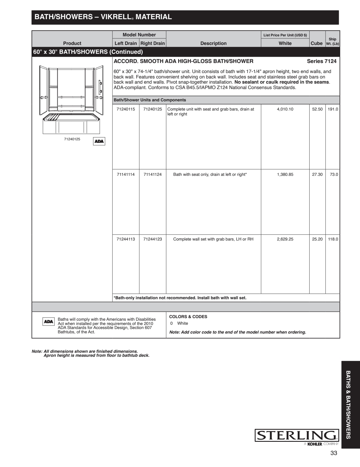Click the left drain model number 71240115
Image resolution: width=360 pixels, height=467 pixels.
click(x=126, y=109)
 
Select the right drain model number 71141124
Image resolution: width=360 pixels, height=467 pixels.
click(x=152, y=174)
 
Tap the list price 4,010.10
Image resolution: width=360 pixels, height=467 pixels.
click(x=285, y=109)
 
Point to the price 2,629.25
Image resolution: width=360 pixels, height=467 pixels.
click(x=285, y=239)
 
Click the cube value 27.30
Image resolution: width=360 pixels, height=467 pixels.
click(x=317, y=174)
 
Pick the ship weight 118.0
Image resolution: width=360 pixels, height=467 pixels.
click(x=333, y=239)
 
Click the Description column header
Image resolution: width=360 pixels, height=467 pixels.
click(x=213, y=43)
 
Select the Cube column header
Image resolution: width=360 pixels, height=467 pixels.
click(x=316, y=43)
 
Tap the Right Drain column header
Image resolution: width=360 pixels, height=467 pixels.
click(x=152, y=43)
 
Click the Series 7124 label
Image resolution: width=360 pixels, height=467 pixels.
click(x=322, y=61)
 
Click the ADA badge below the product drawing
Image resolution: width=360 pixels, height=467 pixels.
click(x=99, y=141)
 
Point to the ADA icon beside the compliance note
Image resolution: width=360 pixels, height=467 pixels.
click(x=48, y=322)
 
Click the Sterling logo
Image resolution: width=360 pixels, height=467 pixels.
click(x=297, y=436)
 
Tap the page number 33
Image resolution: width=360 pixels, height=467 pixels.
click(x=334, y=453)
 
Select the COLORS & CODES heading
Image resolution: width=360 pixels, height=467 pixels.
click(x=188, y=317)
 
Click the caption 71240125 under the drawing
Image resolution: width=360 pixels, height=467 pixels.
click(x=72, y=139)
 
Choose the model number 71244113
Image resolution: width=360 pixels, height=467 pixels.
click(x=126, y=239)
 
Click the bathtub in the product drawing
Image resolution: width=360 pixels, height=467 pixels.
click(x=71, y=123)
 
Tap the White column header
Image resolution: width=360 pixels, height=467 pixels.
click(x=285, y=43)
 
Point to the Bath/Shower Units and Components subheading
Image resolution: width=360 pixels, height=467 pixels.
click(x=150, y=100)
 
